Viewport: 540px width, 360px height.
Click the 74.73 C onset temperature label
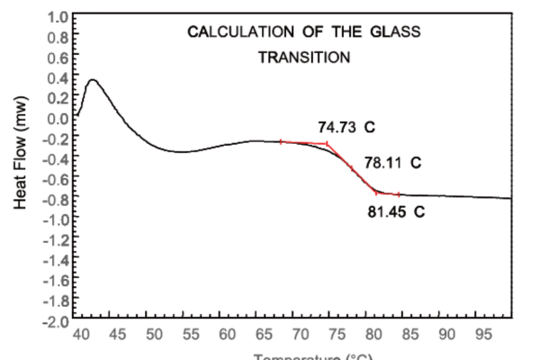(x=346, y=127)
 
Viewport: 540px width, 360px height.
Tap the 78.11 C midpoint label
(x=391, y=164)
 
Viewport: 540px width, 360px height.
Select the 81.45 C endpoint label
(x=395, y=214)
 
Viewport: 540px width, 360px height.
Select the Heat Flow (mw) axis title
(x=22, y=167)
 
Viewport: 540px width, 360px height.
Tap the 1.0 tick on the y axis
(x=58, y=17)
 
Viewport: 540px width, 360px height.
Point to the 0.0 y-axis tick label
(x=58, y=118)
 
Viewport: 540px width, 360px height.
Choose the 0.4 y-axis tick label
(x=58, y=77)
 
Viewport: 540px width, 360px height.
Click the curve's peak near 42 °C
(x=92, y=80)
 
